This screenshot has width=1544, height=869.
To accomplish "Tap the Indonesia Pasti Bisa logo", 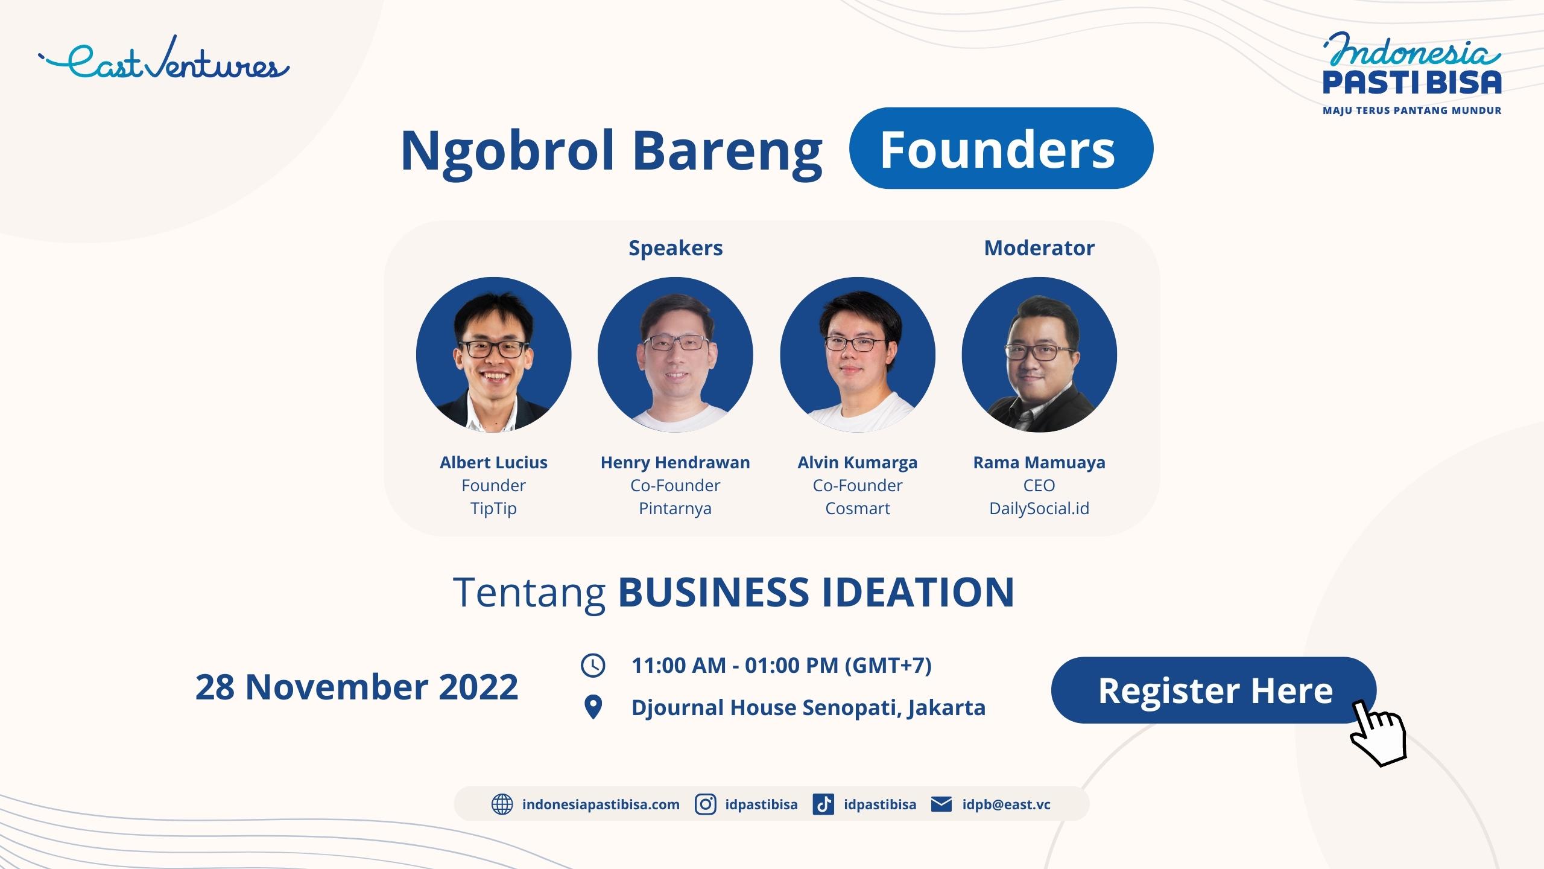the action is pyautogui.click(x=1411, y=73).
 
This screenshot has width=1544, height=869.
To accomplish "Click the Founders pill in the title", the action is pyautogui.click(x=1001, y=148).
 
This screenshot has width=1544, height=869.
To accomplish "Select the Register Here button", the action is pyautogui.click(x=1213, y=690).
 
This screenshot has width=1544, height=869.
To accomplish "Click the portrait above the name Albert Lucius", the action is pyautogui.click(x=493, y=355).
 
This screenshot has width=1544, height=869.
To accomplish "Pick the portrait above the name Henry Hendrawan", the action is pyautogui.click(x=675, y=355).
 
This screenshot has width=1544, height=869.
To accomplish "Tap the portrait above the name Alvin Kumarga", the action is pyautogui.click(x=858, y=355).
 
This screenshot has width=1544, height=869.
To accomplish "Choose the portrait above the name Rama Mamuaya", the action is pyautogui.click(x=1039, y=355).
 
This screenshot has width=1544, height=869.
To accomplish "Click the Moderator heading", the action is pyautogui.click(x=1039, y=248).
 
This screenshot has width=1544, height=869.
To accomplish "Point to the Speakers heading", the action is pyautogui.click(x=675, y=249).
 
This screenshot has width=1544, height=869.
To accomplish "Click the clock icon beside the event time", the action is pyautogui.click(x=593, y=665).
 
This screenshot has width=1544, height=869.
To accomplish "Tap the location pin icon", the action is pyautogui.click(x=593, y=707).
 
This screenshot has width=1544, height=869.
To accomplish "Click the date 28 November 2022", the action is pyautogui.click(x=356, y=687).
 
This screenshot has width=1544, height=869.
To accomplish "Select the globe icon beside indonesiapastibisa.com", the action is pyautogui.click(x=502, y=804).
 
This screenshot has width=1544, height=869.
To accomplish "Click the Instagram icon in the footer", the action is pyautogui.click(x=705, y=804).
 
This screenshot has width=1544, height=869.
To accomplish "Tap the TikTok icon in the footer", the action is pyautogui.click(x=823, y=804).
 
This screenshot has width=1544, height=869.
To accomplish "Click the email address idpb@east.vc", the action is pyautogui.click(x=1006, y=805).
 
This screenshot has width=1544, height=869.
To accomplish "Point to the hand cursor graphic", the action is pyautogui.click(x=1378, y=733).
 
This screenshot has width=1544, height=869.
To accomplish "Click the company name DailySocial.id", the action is pyautogui.click(x=1039, y=509).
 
